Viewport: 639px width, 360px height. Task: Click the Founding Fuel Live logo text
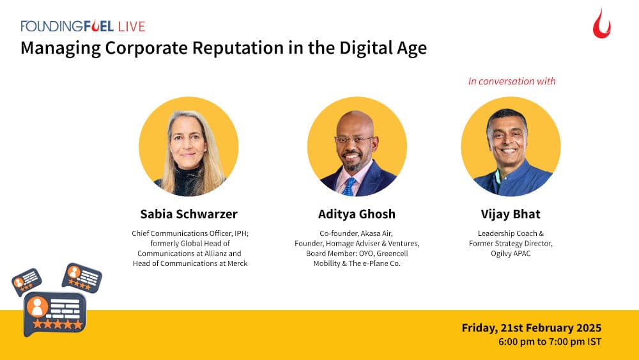coord(83,26)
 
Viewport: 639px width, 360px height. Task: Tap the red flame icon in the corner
coord(601,24)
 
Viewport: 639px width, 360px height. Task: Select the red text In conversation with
coord(511,81)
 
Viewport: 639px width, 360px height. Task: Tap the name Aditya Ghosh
coord(357,214)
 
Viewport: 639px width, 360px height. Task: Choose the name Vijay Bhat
coord(511,214)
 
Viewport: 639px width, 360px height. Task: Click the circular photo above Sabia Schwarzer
coord(189,146)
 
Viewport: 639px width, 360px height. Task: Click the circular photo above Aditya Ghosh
coord(357,146)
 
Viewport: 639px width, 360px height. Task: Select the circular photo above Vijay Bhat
coord(511,146)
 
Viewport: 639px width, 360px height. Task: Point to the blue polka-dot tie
coord(350,186)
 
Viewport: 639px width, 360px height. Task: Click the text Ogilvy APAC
coord(511,253)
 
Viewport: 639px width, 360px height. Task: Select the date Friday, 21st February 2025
coord(531,328)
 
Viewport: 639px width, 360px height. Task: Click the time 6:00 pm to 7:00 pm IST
coord(550,342)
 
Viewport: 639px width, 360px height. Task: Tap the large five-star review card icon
coord(55,313)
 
